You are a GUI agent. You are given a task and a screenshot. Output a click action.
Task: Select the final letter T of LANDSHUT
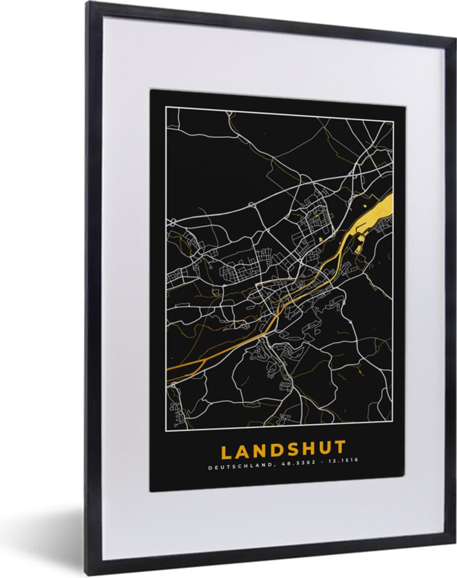point(340,450)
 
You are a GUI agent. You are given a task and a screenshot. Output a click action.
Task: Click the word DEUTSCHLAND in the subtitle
point(232,467)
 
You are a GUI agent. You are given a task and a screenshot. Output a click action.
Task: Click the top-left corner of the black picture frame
point(88,3)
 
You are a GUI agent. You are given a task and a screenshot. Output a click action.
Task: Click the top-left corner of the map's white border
point(165,108)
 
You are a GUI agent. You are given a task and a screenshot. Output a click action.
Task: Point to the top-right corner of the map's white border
point(393,120)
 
